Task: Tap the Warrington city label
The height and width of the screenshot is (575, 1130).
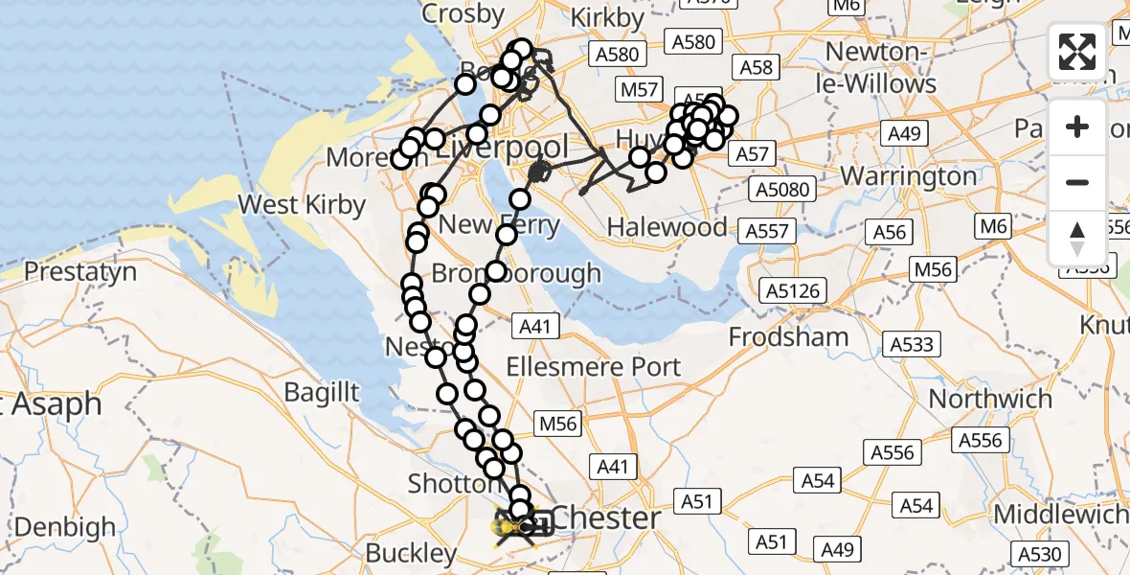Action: (909, 177)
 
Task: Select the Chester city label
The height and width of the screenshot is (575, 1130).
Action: (607, 518)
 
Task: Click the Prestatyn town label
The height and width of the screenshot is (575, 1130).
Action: (79, 272)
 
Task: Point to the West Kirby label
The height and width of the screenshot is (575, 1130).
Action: (302, 204)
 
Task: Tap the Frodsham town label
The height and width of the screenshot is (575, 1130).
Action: (788, 337)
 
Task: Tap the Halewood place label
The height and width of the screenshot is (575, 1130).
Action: (668, 228)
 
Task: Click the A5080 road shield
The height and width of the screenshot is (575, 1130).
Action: (782, 189)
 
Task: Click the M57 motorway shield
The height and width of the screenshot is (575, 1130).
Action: (639, 90)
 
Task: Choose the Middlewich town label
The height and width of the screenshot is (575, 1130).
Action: (1060, 515)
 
